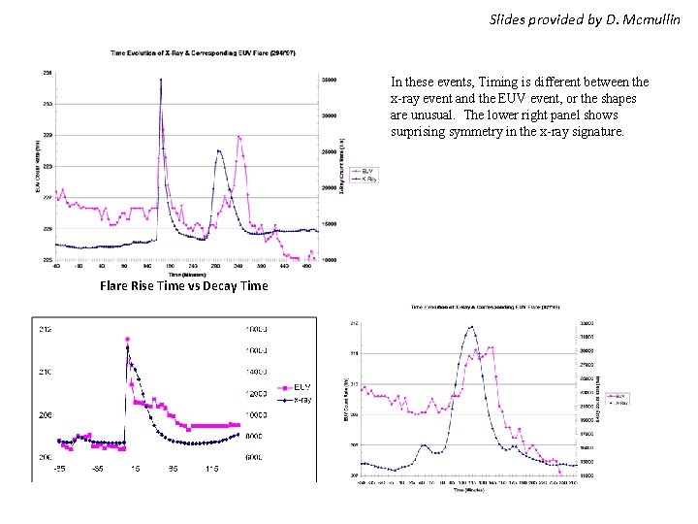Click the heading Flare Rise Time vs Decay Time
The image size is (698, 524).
point(184,286)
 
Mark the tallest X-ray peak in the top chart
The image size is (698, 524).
point(160,81)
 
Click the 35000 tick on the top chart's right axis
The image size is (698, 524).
point(329,80)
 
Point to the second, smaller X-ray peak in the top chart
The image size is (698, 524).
point(220,150)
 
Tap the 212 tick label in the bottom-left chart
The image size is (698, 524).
point(46,329)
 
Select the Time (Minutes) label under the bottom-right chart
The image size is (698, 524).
point(469,490)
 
